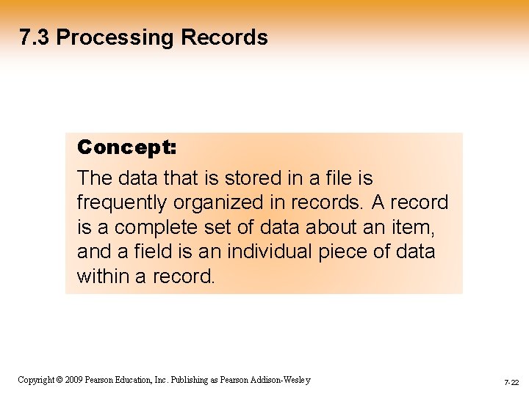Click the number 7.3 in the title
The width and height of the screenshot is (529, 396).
coord(35,37)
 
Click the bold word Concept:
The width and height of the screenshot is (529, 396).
coord(126,147)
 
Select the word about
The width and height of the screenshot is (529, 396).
coord(332,228)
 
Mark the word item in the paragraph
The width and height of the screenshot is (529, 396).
coord(417,228)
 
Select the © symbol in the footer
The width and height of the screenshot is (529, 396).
coord(60,380)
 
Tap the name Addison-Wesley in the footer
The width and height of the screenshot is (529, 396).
coord(281,380)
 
